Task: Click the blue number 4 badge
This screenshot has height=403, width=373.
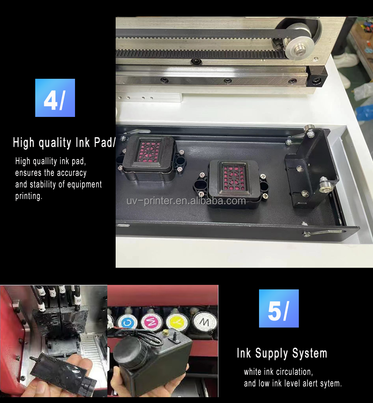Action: [x=55, y=98]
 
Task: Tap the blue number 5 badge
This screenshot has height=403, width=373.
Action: [x=279, y=308]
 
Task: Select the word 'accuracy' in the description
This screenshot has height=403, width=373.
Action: [x=72, y=173]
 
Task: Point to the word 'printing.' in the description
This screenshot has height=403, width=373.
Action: [x=29, y=196]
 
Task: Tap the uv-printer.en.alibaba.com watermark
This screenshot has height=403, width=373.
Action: [x=186, y=201]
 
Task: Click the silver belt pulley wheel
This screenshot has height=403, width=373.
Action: [x=297, y=49]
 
